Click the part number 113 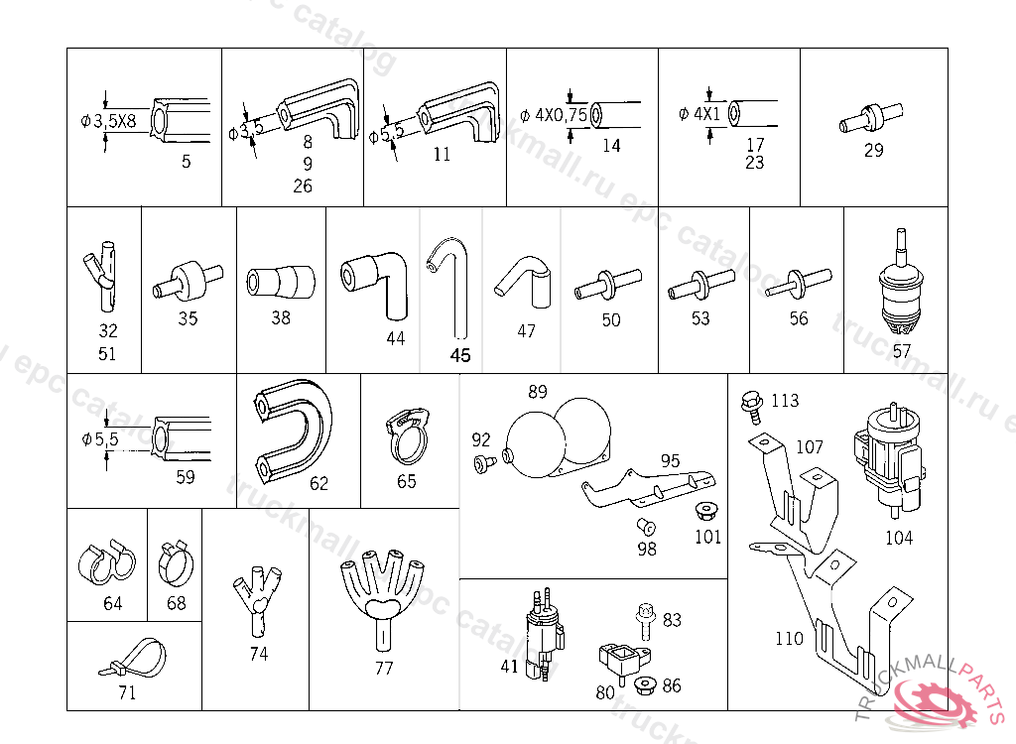point(784,401)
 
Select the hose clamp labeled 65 point(405,437)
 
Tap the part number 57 point(901,350)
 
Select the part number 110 point(789,639)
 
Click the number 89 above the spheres point(537,392)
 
